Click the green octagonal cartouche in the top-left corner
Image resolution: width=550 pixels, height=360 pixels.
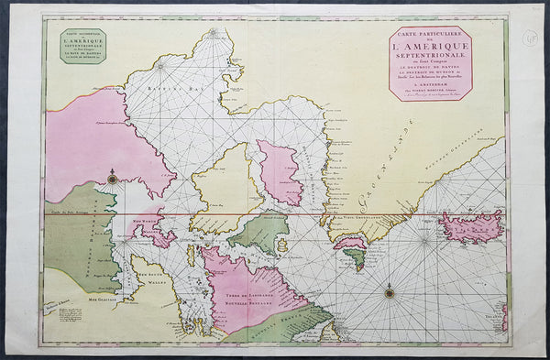click(x=82, y=46)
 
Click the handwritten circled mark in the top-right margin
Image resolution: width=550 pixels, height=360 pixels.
click(x=531, y=38)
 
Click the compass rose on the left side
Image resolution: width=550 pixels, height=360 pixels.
click(x=112, y=179)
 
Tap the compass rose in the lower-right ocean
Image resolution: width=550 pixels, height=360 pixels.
click(x=390, y=293)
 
